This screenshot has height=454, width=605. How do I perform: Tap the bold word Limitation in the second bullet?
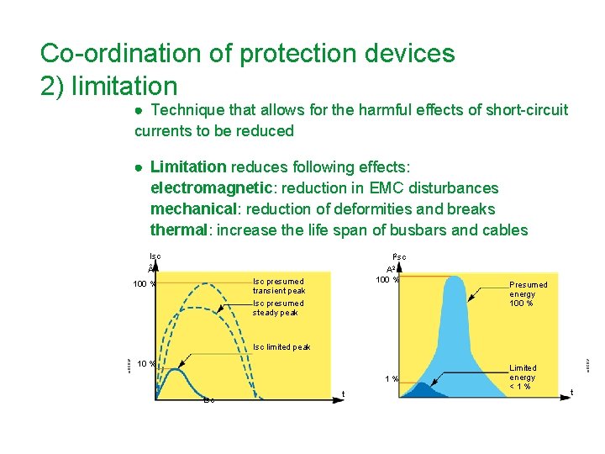[188, 167]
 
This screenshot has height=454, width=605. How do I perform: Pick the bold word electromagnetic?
[206, 188]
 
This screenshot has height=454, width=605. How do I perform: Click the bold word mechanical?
[192, 209]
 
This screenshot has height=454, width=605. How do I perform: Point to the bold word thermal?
[177, 230]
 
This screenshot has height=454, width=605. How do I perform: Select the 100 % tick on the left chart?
[145, 283]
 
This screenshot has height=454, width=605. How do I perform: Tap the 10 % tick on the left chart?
[146, 364]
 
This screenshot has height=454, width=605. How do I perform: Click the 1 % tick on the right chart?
[392, 379]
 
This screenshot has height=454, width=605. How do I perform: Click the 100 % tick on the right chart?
[387, 278]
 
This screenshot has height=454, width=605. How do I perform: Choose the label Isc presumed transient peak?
[279, 286]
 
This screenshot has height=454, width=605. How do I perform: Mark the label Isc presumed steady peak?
[278, 308]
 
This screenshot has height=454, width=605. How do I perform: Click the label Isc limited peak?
[281, 347]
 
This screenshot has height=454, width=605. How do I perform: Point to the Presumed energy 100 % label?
[529, 294]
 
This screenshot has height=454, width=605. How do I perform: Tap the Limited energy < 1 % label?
[523, 377]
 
